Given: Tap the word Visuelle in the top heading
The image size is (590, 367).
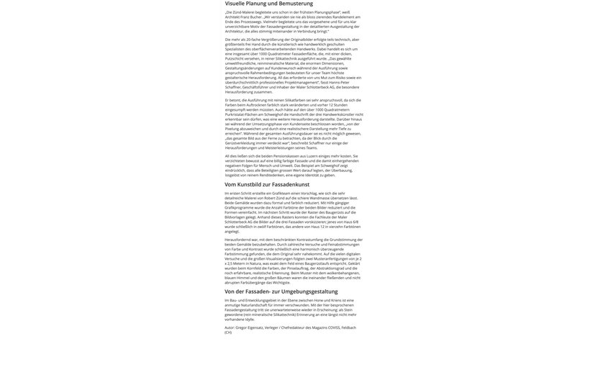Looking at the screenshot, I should point(236,4).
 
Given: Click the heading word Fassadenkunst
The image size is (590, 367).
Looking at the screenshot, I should point(291,184).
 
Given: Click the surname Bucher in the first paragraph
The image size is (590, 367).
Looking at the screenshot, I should point(255,17).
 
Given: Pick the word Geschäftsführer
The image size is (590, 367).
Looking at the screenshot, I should point(257,87).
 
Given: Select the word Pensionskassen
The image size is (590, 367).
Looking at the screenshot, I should point(286,156).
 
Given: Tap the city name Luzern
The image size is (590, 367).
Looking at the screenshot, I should point(312,156).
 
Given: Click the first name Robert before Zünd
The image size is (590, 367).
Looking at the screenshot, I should point(270,198).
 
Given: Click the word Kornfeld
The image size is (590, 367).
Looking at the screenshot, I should point(254,268).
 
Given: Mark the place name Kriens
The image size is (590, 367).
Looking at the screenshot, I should point(336,300).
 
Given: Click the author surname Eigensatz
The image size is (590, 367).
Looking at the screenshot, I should point(255,327).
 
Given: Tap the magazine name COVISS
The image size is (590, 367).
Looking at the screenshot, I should point(334,327).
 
